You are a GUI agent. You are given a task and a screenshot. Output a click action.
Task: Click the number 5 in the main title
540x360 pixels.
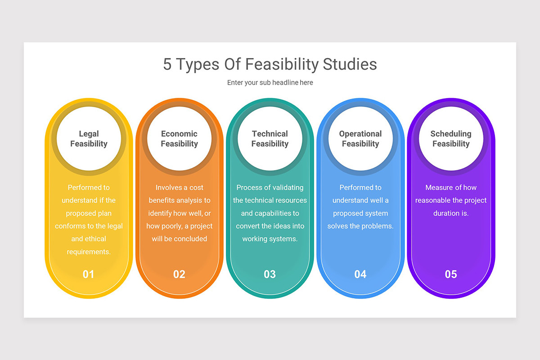coord(167,64)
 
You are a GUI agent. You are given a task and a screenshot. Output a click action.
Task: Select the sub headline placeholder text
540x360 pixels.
coord(270,83)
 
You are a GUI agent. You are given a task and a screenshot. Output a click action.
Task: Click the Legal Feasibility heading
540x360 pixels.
coord(89,139)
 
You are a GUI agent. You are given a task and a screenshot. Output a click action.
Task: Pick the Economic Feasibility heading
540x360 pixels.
coord(179,139)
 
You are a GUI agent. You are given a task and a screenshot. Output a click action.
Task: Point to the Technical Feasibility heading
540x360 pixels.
coord(270,139)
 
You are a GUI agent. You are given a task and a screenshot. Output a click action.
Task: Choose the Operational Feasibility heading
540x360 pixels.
coord(360,139)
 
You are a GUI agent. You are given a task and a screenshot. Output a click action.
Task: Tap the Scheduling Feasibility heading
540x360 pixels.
coord(450,139)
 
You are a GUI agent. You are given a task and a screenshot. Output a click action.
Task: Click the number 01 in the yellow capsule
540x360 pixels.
coord(88,274)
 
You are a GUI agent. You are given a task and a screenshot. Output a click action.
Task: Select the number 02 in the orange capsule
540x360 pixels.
coord(179,274)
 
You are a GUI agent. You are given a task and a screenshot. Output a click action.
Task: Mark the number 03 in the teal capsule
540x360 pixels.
coord(270,274)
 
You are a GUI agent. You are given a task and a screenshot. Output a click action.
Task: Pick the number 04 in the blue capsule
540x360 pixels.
coord(360,274)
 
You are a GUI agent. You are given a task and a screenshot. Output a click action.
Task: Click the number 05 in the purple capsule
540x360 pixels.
coord(450,274)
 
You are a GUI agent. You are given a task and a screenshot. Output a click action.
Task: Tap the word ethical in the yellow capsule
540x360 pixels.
coord(95,239)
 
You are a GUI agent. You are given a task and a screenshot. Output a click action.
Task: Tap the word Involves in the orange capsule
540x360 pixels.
coord(169,188)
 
